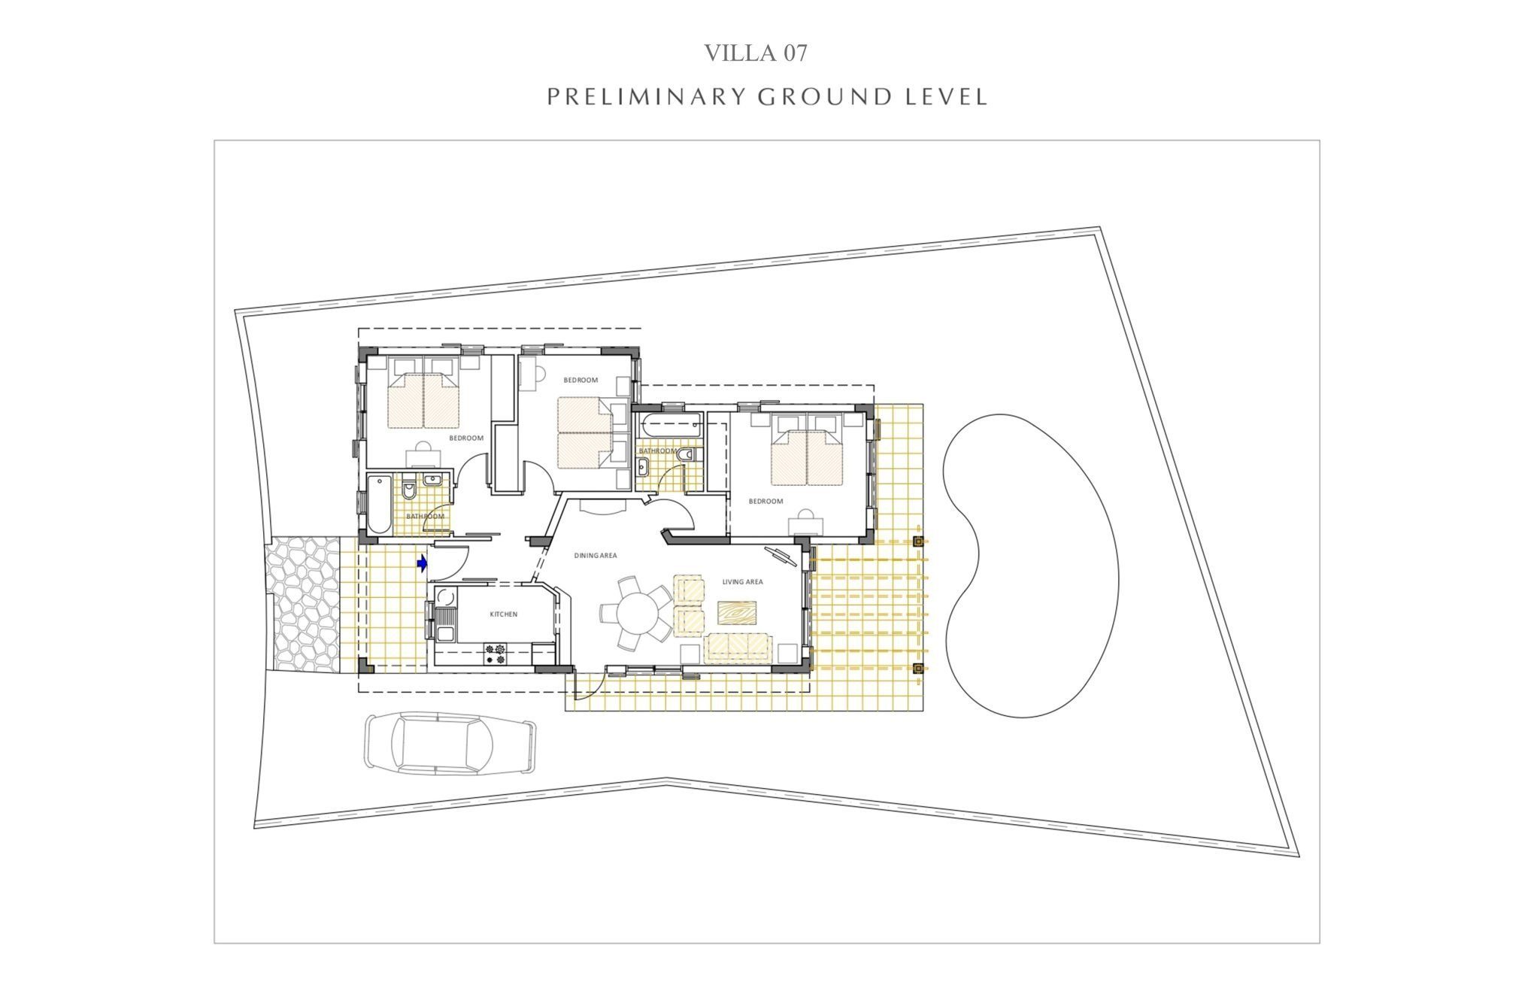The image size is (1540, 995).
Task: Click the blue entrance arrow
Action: click(x=423, y=563)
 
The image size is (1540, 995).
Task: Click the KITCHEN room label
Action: click(x=504, y=614)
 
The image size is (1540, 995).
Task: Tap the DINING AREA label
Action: click(x=596, y=556)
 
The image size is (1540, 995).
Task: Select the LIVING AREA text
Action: click(x=742, y=581)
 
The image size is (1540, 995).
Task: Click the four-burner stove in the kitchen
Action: click(x=496, y=654)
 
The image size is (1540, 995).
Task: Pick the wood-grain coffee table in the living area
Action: click(x=737, y=613)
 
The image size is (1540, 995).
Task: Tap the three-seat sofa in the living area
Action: click(x=738, y=648)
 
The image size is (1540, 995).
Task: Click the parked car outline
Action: click(x=451, y=743)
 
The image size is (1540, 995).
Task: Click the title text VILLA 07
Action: click(x=756, y=53)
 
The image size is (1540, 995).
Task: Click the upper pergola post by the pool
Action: click(x=917, y=541)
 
